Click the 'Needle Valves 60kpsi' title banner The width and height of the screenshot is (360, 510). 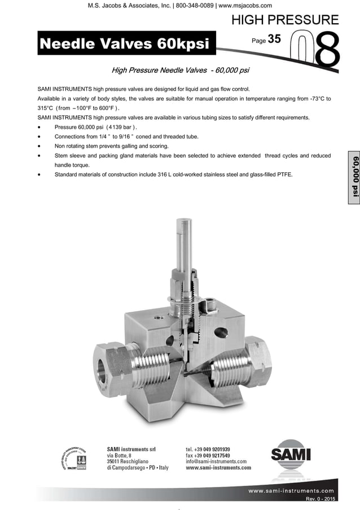122,43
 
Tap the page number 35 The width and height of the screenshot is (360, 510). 274,40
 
